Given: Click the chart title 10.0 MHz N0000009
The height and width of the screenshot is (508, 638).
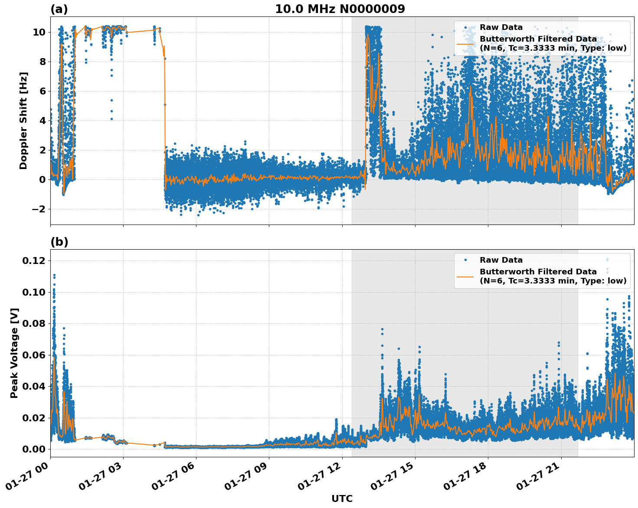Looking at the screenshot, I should pos(340,9).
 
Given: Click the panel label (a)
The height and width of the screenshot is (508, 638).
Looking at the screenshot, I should pos(59,9).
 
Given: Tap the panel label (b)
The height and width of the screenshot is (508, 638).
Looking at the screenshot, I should pos(59,242).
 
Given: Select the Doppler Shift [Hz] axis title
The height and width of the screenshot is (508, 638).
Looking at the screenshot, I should pos(23,120).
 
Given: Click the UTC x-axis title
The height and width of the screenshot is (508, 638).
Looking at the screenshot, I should pos(342,498).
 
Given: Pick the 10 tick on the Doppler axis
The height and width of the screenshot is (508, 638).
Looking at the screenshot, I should pos(39,32).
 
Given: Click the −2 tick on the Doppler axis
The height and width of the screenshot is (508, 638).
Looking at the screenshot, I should pos(36,209).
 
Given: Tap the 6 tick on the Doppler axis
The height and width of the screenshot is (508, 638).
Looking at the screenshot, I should pos(42,91).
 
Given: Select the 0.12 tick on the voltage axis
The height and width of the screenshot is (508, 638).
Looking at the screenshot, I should pos(34,261).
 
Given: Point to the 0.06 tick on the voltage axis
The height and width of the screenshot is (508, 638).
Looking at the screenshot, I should pos(34,355).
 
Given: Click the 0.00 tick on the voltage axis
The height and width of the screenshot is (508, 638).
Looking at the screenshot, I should pos(34,449).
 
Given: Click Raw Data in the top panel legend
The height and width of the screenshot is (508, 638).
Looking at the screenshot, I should pos(501,27).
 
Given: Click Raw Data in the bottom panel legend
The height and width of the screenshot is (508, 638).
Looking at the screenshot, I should pos(501,260).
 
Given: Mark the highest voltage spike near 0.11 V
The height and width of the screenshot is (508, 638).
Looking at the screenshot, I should pos(54,276).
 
